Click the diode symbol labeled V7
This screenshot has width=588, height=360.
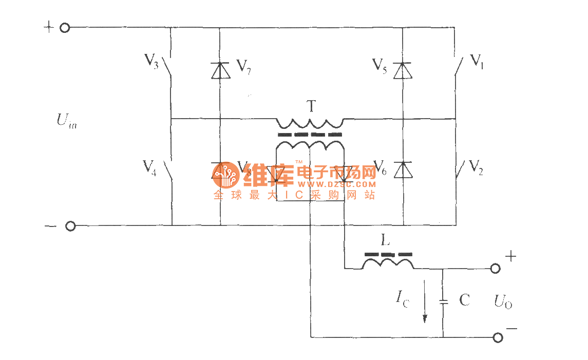click(x=220, y=70)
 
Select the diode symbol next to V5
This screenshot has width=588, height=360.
click(x=402, y=70)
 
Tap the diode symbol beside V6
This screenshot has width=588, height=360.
click(x=402, y=169)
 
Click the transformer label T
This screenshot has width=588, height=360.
click(x=311, y=106)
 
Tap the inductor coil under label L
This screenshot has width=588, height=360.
click(x=388, y=264)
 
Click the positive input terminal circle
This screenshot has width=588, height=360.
click(x=65, y=28)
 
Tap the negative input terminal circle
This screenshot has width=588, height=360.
click(x=70, y=226)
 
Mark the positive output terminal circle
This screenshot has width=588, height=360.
click(x=496, y=268)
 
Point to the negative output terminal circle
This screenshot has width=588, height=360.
click(x=497, y=337)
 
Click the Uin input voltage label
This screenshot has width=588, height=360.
click(x=67, y=122)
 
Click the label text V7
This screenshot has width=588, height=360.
click(x=243, y=66)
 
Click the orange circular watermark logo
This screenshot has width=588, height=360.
click(x=224, y=175)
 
